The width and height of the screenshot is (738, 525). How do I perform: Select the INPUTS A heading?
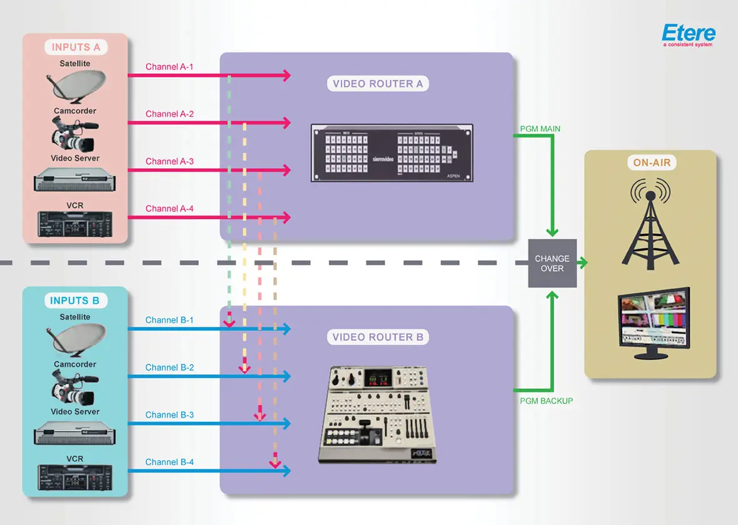coord(76,47)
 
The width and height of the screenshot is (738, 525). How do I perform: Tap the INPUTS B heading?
coord(75,301)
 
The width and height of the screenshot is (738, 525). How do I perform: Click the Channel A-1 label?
coord(169,67)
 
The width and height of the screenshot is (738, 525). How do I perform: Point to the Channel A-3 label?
coord(169,161)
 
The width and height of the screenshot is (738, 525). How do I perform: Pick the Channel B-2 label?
coord(169,367)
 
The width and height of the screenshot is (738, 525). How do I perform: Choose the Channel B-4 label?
coord(169,462)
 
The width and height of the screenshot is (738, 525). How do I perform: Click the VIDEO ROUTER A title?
coord(378,84)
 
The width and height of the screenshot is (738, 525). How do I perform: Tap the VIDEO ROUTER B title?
coord(378,337)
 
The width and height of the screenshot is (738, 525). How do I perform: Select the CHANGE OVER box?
coord(552,263)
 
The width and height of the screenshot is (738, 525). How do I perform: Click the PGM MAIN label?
coord(540,129)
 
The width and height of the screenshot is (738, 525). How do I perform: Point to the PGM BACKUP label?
coord(546,401)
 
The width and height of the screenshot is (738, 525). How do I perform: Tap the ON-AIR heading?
coord(651,164)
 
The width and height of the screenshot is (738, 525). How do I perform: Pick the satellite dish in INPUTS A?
coord(74,88)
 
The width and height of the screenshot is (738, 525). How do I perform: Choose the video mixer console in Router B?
coord(377,414)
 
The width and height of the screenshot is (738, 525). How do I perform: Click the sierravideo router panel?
coord(392,153)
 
